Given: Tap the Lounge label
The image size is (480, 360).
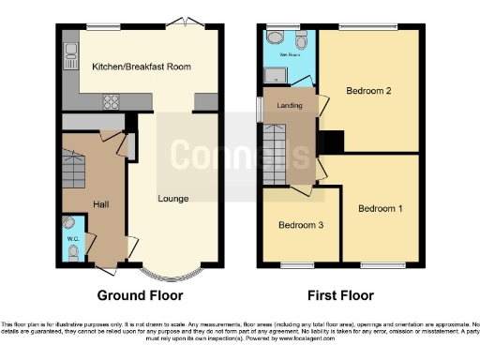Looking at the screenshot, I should [x=173, y=198].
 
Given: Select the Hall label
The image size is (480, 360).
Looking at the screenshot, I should [x=101, y=202].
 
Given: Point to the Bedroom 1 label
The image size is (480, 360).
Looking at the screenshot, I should [x=380, y=208].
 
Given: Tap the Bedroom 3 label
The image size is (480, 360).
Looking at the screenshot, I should [x=300, y=226].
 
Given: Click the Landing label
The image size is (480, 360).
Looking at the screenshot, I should [x=290, y=106].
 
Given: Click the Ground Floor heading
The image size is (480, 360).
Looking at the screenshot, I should [x=140, y=293].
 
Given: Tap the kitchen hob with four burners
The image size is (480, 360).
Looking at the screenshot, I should [x=109, y=102].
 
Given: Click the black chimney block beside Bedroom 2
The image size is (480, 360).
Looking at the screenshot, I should [x=332, y=141].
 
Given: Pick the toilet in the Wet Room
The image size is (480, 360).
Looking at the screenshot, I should [x=301, y=39].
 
